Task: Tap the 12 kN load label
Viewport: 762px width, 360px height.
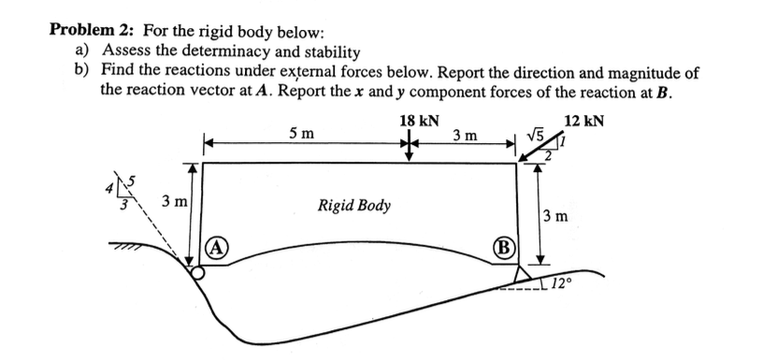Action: [x=584, y=122]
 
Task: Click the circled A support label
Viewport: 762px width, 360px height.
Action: [x=214, y=251]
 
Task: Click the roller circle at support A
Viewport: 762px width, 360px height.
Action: [x=198, y=275]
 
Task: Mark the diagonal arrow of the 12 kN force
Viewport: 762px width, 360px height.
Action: [x=537, y=151]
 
